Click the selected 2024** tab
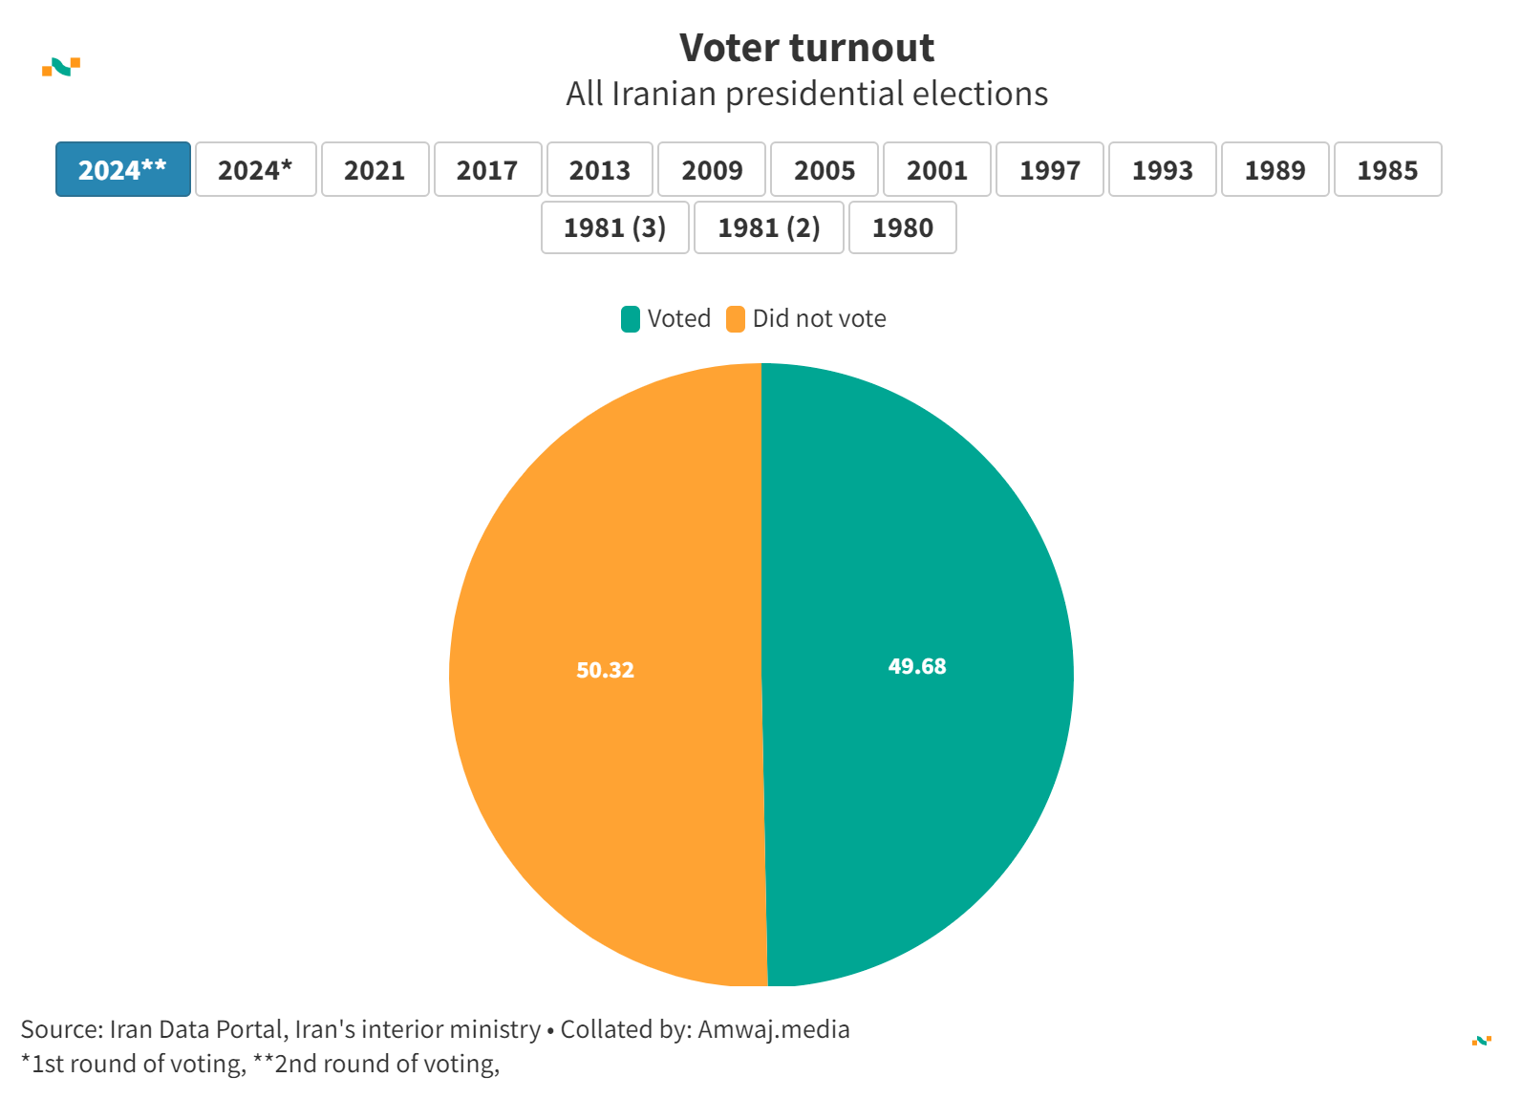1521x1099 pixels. [x=123, y=169]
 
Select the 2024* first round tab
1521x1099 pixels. [x=255, y=169]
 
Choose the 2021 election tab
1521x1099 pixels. [x=375, y=169]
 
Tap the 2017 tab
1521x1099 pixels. [x=487, y=169]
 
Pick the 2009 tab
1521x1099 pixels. [x=712, y=169]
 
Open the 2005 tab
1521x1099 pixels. [x=825, y=169]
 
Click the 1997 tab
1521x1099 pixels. [x=1049, y=169]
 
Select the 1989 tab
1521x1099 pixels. [x=1275, y=169]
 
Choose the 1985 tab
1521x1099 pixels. [x=1387, y=169]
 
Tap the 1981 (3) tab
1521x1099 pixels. [x=614, y=227]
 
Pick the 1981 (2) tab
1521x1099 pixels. [x=769, y=227]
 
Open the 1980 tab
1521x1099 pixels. [x=902, y=227]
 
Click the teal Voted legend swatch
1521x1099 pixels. [x=631, y=319]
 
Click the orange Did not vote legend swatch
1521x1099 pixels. [x=736, y=319]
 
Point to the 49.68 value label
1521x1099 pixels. [x=917, y=666]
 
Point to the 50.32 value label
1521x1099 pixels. [x=605, y=670]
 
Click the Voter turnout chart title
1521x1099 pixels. [x=806, y=48]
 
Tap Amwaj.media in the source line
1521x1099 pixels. [x=773, y=1029]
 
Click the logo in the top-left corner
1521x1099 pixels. [x=61, y=67]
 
